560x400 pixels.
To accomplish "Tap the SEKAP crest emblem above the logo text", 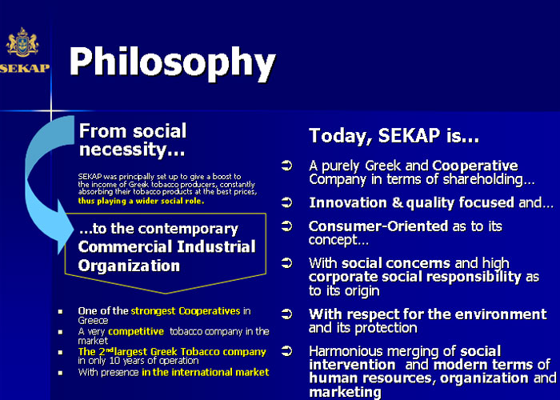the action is (22, 42).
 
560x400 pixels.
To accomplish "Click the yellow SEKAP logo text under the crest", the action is (25, 68).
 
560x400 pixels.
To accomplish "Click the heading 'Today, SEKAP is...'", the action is (394, 136).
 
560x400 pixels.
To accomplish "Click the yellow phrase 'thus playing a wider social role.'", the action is (141, 201).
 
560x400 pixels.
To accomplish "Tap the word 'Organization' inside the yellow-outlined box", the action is (129, 266).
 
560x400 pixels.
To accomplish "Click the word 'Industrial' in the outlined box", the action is (217, 246).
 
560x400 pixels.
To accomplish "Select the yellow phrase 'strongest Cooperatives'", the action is (186, 311).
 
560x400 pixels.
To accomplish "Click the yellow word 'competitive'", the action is (136, 331).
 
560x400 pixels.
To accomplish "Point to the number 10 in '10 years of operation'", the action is (114, 360).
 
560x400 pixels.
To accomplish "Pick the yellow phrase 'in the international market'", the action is (206, 373).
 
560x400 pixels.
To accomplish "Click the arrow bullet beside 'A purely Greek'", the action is (286, 166).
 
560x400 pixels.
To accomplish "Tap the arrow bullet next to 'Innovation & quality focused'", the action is (286, 202).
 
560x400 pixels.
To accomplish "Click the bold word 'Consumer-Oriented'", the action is (378, 226).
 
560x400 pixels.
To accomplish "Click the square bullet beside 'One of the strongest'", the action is (60, 312).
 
